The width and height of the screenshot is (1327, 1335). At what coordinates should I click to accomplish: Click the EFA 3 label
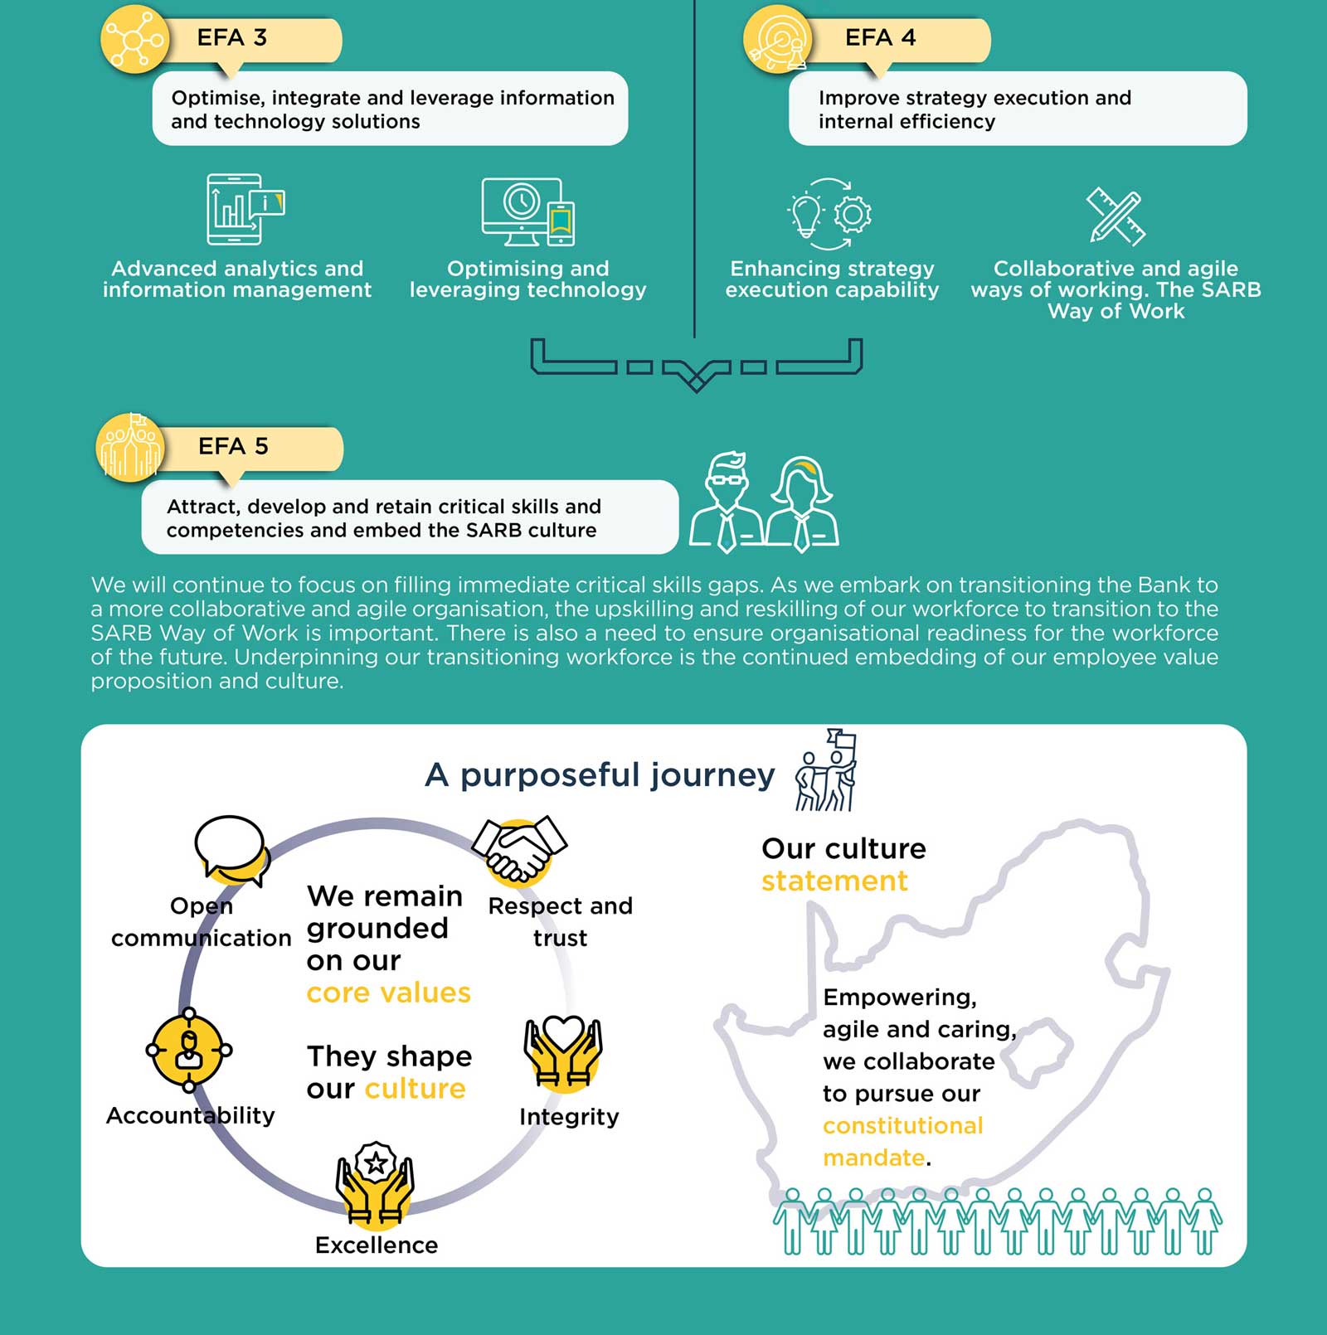[x=231, y=38]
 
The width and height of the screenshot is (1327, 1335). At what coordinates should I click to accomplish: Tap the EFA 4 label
[x=880, y=38]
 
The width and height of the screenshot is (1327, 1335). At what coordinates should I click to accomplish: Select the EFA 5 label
[x=233, y=447]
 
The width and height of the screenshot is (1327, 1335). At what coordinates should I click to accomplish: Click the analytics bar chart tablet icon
[x=244, y=209]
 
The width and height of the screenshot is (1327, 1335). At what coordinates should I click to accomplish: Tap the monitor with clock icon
[x=528, y=211]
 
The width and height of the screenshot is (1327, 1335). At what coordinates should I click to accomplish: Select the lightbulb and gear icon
[x=829, y=214]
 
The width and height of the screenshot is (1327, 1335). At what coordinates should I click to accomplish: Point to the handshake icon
[x=519, y=848]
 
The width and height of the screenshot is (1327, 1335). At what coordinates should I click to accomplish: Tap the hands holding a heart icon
[x=563, y=1052]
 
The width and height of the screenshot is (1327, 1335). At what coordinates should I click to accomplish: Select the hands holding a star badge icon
[x=375, y=1183]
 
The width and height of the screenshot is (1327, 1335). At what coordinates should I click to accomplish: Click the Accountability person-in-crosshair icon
[x=189, y=1051]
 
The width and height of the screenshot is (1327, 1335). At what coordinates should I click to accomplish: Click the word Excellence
[x=377, y=1245]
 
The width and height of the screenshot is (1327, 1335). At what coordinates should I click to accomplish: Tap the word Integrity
[x=569, y=1117]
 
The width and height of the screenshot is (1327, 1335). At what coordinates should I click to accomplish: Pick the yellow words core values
[x=388, y=993]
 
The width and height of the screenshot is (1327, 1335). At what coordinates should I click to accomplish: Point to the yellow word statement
[x=834, y=881]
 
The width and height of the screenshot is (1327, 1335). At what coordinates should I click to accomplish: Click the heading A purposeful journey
[x=600, y=775]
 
